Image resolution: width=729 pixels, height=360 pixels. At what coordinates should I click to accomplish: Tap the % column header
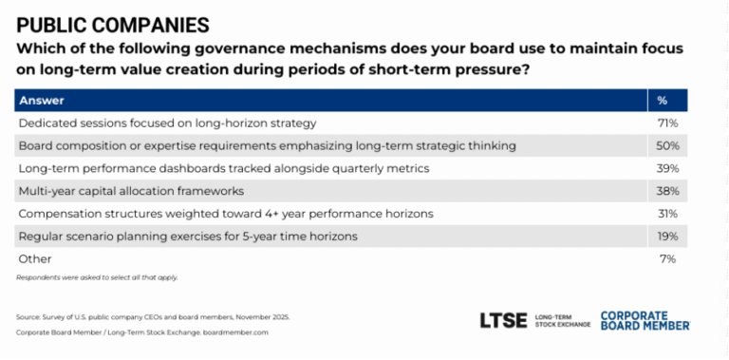pyautogui.click(x=662, y=101)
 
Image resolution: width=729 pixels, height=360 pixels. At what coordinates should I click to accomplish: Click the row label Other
pyautogui.click(x=34, y=258)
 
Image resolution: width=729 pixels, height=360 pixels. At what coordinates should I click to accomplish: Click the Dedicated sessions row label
pyautogui.click(x=166, y=123)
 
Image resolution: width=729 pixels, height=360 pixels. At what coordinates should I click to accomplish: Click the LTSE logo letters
pyautogui.click(x=504, y=320)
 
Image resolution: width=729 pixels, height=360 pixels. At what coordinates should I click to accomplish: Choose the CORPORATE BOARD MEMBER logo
pyautogui.click(x=645, y=320)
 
